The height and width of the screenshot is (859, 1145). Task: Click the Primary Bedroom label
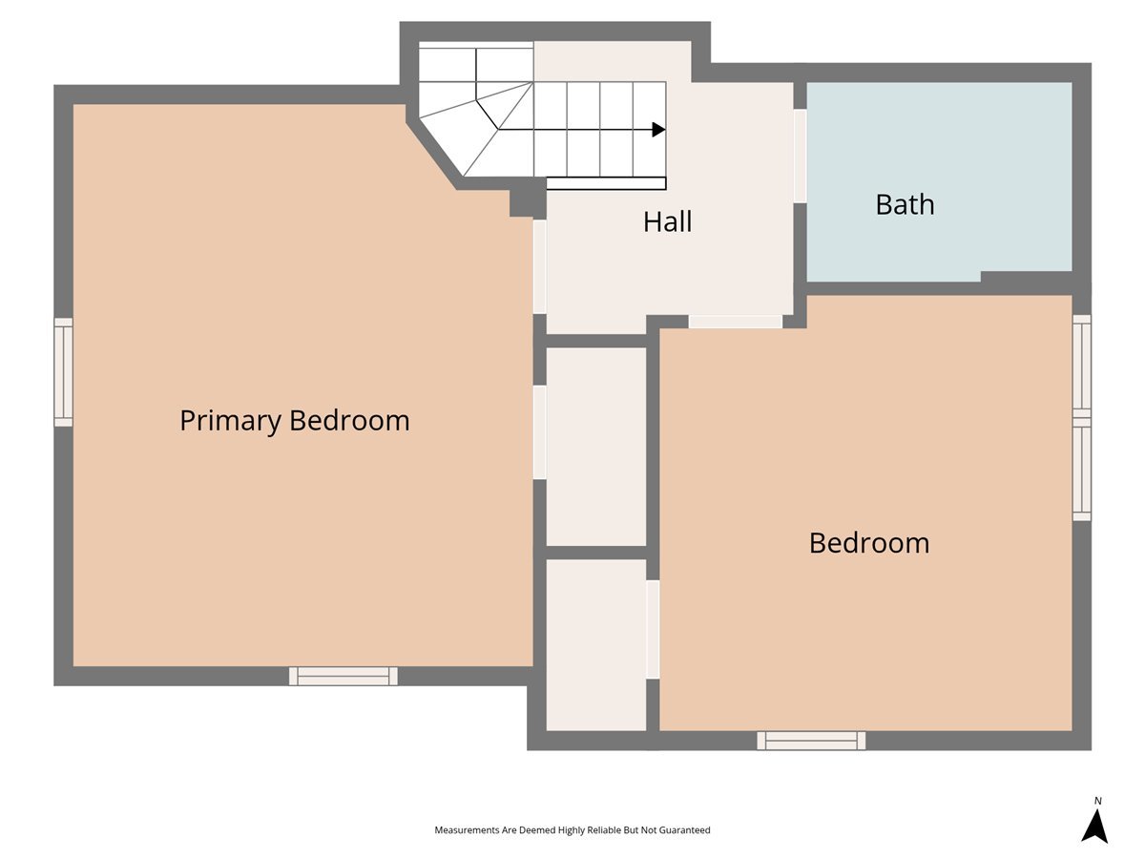pyautogui.click(x=294, y=421)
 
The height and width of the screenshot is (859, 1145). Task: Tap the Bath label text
pyautogui.click(x=905, y=204)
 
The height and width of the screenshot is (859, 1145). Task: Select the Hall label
pyautogui.click(x=667, y=221)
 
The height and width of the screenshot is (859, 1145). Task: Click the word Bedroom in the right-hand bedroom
pyautogui.click(x=869, y=543)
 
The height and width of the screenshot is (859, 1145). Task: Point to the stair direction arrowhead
pyautogui.click(x=659, y=130)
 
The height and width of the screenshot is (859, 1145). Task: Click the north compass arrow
pyautogui.click(x=1094, y=826)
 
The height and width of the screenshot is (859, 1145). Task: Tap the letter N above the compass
pyautogui.click(x=1097, y=801)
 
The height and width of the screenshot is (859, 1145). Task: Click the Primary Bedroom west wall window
pyautogui.click(x=64, y=372)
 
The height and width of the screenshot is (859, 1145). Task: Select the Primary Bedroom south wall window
pyautogui.click(x=343, y=676)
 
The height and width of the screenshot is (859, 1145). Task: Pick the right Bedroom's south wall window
pyautogui.click(x=811, y=741)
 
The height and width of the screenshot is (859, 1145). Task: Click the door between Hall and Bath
pyautogui.click(x=801, y=156)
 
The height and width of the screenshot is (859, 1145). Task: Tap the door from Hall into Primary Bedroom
pyautogui.click(x=539, y=267)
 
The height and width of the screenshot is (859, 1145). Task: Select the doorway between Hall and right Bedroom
pyautogui.click(x=735, y=322)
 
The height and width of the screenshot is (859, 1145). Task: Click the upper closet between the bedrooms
pyautogui.click(x=596, y=447)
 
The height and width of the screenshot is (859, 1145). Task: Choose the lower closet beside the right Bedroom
pyautogui.click(x=596, y=646)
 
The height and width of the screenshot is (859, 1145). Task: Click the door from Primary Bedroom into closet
pyautogui.click(x=539, y=432)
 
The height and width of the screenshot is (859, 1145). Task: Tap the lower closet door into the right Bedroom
pyautogui.click(x=653, y=630)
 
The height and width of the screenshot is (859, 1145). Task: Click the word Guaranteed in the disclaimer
pyautogui.click(x=684, y=829)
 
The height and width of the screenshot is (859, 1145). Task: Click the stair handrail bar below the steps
pyautogui.click(x=606, y=183)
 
